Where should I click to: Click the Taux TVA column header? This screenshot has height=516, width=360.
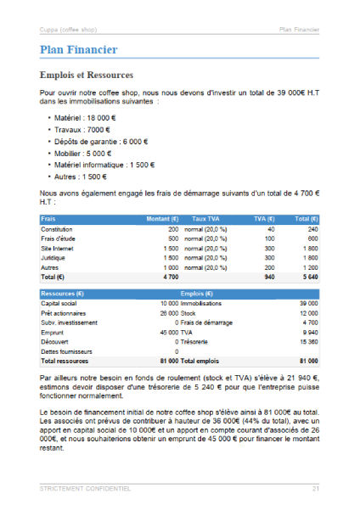[205, 219]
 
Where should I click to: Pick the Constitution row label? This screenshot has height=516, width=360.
[56, 229]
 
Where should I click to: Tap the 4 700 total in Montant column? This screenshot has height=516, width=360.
[170, 277]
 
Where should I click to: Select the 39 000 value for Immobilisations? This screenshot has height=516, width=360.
[308, 303]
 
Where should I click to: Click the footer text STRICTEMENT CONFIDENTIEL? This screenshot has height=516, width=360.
[85, 489]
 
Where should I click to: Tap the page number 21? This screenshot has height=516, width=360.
[315, 489]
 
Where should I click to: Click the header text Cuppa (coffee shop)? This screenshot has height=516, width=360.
[68, 31]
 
